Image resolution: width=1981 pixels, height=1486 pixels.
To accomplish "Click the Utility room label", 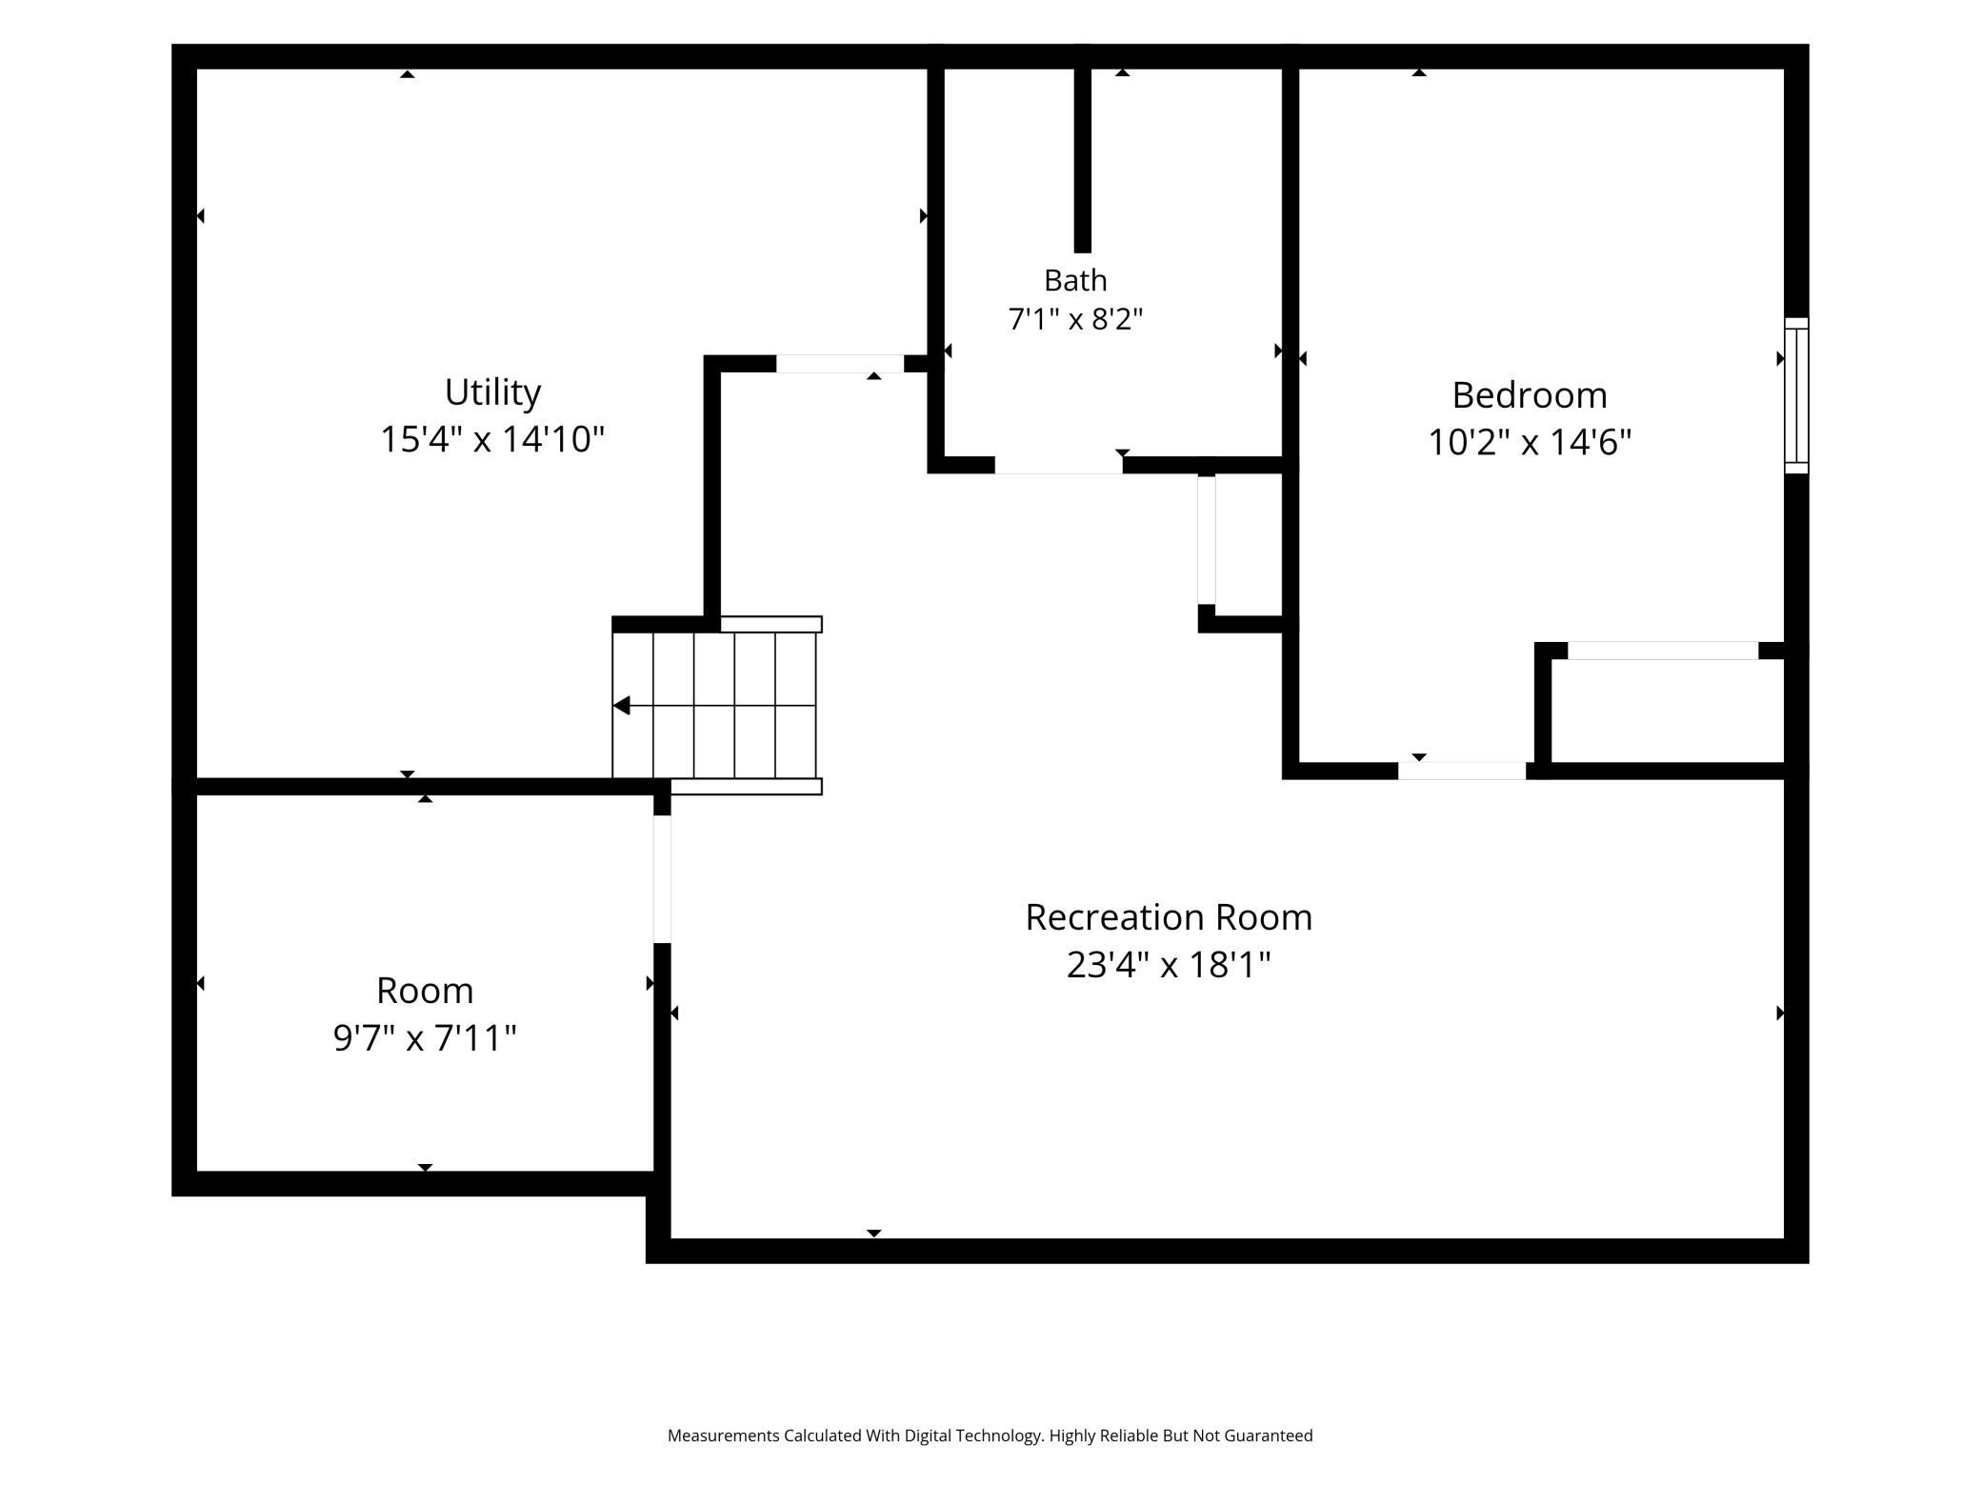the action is click(x=492, y=392).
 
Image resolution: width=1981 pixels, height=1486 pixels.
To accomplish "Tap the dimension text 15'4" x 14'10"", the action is click(x=492, y=439).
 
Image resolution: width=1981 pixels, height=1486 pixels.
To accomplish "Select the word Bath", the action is click(x=1075, y=280).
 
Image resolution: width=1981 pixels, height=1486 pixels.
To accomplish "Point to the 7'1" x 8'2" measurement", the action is click(x=1075, y=318).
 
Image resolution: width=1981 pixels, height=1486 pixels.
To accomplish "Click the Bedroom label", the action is click(x=1530, y=394).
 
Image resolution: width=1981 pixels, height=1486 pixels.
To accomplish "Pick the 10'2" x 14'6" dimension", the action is click(x=1530, y=442).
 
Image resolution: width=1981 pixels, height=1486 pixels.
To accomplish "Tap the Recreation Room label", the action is click(x=1169, y=917).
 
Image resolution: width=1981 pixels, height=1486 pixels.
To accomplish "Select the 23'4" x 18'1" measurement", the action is click(x=1169, y=965).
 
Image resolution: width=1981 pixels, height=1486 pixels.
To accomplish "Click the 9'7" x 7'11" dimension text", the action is click(x=425, y=1037).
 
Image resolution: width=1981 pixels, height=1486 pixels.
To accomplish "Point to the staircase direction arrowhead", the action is click(x=621, y=706).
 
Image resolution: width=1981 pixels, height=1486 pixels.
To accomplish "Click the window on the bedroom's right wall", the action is click(x=1796, y=395).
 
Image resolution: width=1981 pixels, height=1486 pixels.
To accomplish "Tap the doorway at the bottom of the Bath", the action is click(x=1058, y=466).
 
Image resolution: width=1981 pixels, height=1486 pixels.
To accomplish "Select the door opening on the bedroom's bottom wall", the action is click(x=1462, y=771).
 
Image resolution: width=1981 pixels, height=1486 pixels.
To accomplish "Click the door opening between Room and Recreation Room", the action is click(x=662, y=879).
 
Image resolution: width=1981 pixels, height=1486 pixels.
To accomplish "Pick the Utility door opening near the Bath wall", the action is click(x=840, y=364).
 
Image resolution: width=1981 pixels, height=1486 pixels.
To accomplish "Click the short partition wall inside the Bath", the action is click(x=1083, y=160).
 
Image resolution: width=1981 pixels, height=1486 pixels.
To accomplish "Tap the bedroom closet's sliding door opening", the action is click(x=1663, y=651).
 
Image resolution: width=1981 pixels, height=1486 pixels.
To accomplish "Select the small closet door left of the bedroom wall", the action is click(x=1207, y=540).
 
